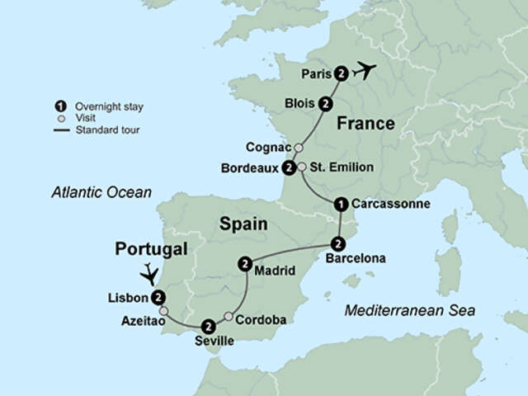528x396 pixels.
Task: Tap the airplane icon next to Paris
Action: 364,72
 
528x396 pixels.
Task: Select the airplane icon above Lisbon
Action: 149,272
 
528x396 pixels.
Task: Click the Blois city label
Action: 300,104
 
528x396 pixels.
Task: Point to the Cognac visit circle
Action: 299,148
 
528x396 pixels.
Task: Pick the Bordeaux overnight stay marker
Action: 289,168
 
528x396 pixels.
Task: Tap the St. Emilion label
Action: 342,167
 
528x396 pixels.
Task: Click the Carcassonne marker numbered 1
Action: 340,204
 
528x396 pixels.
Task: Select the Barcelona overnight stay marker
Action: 337,243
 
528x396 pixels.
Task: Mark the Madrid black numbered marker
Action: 244,264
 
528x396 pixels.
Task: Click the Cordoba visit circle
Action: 229,316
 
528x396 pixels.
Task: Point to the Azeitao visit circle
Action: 163,311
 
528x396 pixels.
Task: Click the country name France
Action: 365,125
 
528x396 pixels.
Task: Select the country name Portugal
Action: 151,249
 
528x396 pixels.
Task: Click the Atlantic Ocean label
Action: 101,193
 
